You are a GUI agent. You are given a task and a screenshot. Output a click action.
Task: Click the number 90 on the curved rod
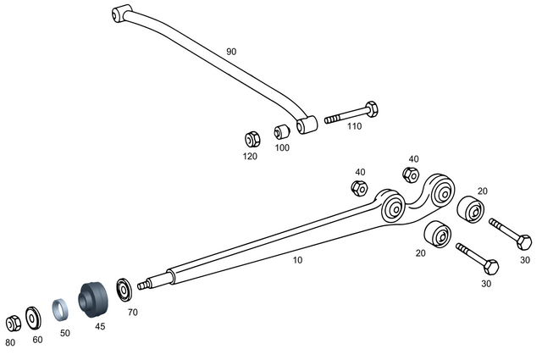click(x=231, y=52)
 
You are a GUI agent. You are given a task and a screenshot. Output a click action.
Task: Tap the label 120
click(x=251, y=157)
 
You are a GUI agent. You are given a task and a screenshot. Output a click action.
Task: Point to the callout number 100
click(x=282, y=147)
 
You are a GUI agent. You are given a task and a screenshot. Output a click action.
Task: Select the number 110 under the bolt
click(x=353, y=126)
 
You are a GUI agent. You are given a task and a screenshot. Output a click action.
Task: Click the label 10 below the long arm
click(x=297, y=260)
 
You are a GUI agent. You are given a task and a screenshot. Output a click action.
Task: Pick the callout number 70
click(x=132, y=313)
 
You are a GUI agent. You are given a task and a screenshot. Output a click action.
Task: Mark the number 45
click(x=100, y=325)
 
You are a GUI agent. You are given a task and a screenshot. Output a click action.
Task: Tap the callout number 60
click(x=37, y=339)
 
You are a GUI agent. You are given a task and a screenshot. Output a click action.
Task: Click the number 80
click(x=10, y=342)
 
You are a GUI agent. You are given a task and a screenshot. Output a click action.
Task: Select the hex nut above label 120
click(x=252, y=138)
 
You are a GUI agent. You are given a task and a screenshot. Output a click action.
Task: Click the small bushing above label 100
click(x=281, y=133)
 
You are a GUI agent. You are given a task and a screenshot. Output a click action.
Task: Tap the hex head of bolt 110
click(x=369, y=110)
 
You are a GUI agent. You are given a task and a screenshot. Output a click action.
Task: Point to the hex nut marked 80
click(x=14, y=323)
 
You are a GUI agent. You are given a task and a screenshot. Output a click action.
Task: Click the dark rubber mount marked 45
click(x=91, y=298)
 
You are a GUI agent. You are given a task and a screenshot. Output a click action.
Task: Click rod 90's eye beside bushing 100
click(x=307, y=125)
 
